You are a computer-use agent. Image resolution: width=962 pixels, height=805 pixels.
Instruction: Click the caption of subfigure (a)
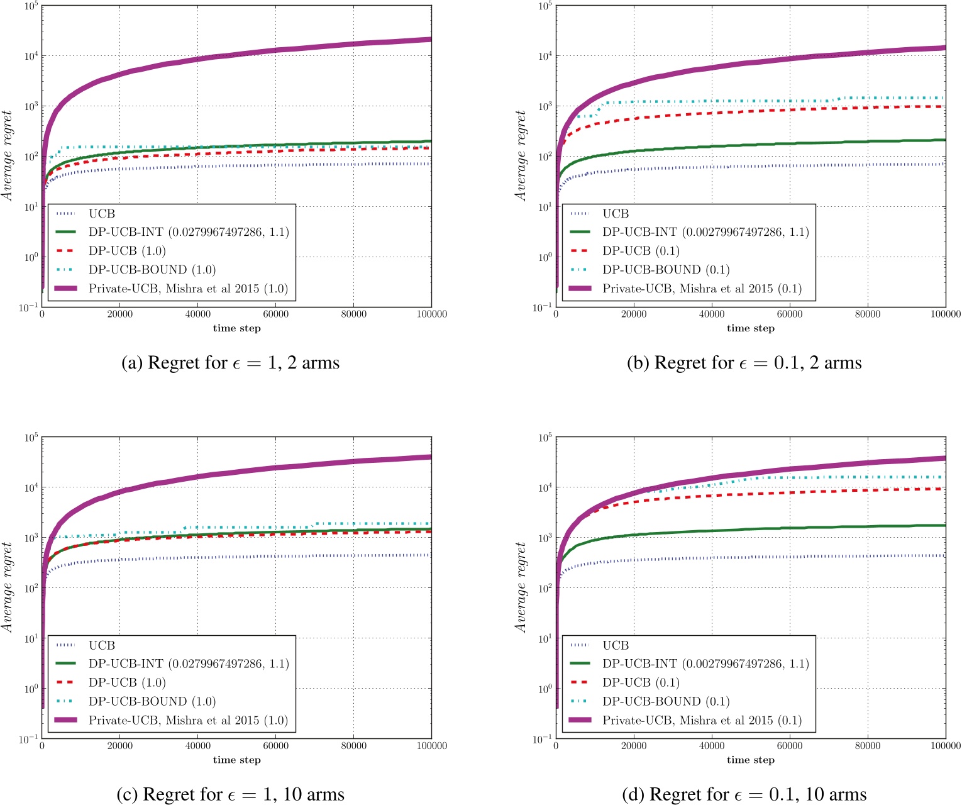coord(230,363)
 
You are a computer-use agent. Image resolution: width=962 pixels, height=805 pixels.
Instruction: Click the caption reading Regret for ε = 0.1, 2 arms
coord(744,363)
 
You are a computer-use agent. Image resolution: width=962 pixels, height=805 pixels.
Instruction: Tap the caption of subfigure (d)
coord(744,794)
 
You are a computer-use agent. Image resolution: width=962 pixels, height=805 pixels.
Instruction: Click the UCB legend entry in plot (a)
coord(101,214)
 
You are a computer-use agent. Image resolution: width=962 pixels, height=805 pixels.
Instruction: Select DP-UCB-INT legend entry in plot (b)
coord(705,232)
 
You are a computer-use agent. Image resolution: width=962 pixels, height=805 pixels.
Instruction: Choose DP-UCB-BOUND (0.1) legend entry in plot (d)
coord(665,701)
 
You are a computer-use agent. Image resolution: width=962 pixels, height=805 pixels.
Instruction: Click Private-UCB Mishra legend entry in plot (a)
coord(187,289)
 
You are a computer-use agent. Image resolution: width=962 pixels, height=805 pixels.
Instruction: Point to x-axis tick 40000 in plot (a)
coord(197,314)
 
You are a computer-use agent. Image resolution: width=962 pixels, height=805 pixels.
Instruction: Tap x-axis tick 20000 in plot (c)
coord(119,746)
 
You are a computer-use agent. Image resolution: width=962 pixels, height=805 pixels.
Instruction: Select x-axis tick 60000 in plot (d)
coord(789,746)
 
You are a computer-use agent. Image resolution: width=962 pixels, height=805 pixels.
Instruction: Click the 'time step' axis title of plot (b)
coord(750,328)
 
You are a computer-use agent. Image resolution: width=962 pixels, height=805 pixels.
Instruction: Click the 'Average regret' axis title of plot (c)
coord(8,587)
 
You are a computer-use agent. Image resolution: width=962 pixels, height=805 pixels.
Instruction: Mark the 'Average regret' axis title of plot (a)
coord(8,156)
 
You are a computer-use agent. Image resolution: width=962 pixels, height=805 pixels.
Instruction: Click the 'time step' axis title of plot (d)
coord(750,760)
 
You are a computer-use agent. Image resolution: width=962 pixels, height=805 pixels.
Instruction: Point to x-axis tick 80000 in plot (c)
coord(353,746)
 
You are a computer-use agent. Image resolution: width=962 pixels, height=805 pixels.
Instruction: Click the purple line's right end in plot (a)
coord(430,40)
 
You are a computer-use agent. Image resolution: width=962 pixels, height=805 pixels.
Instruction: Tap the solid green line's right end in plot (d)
coord(944,525)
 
